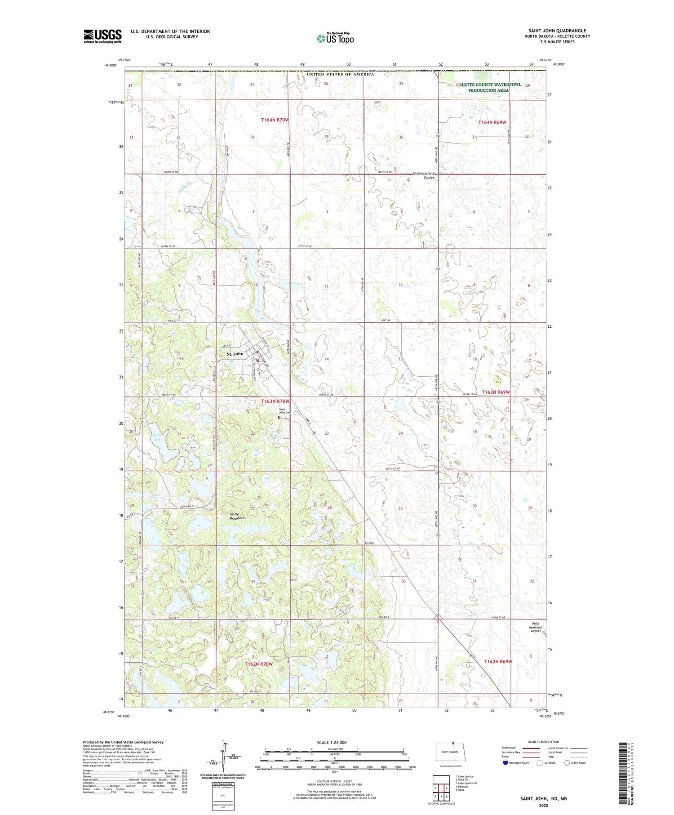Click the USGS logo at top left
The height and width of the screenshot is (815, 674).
pyautogui.click(x=102, y=36)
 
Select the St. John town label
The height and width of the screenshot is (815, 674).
pyautogui.click(x=235, y=354)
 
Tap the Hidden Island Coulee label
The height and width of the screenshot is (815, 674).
pyautogui.click(x=424, y=175)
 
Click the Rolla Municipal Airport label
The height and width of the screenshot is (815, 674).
pyautogui.click(x=536, y=627)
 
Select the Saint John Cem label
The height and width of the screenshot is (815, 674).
pyautogui.click(x=285, y=411)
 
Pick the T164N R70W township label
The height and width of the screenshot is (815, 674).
pyautogui.click(x=275, y=120)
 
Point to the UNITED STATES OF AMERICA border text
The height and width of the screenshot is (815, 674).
pyautogui.click(x=340, y=74)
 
